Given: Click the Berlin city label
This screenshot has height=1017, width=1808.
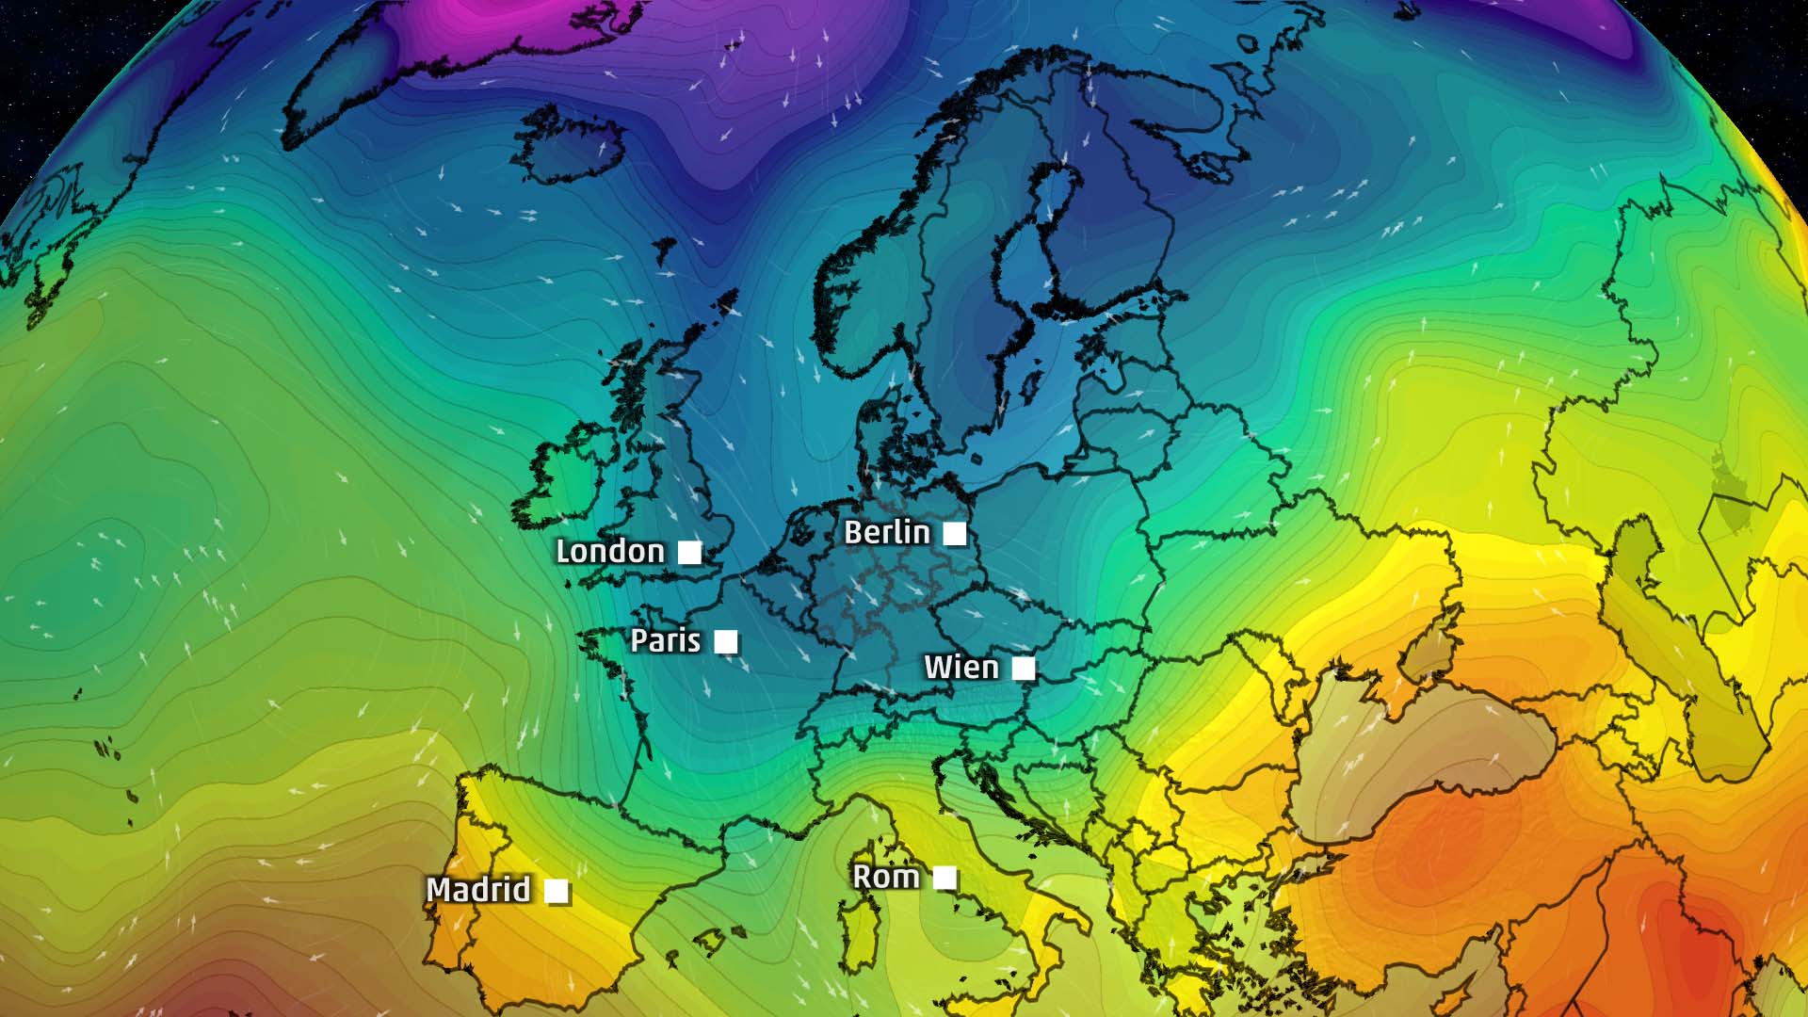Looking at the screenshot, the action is coord(886,532).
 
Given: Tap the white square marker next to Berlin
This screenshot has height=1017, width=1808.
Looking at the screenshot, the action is coord(955,534).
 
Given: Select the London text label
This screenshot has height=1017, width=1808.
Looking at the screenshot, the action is coord(610,551).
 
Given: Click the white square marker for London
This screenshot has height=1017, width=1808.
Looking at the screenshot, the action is coord(690,553).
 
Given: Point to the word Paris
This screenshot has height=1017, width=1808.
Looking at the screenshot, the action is coord(665,640).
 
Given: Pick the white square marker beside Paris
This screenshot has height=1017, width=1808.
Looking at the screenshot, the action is coord(726,642).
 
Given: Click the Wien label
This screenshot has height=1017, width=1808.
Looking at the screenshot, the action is coord(960,667).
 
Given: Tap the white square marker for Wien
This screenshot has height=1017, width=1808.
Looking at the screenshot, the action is coord(1024,669).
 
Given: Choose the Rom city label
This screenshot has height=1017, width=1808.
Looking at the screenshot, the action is coord(885,877).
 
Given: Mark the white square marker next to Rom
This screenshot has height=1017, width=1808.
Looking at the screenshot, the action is coord(944,879).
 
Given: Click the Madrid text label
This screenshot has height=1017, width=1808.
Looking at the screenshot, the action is coord(478,889).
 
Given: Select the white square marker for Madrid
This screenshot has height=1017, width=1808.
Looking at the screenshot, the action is coord(557,891).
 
